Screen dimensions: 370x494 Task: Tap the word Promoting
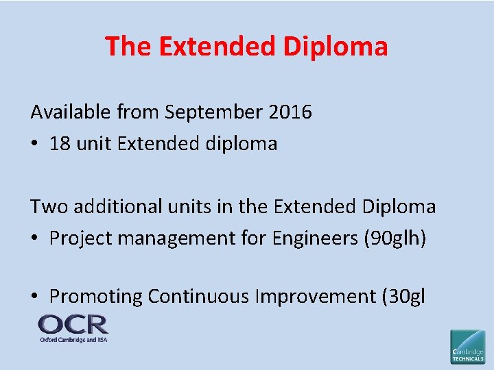pos(95,297)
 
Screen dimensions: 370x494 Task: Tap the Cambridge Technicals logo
pos(467,346)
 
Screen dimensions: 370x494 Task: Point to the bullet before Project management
pos(34,238)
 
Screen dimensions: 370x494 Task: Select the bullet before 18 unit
pos(34,144)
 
